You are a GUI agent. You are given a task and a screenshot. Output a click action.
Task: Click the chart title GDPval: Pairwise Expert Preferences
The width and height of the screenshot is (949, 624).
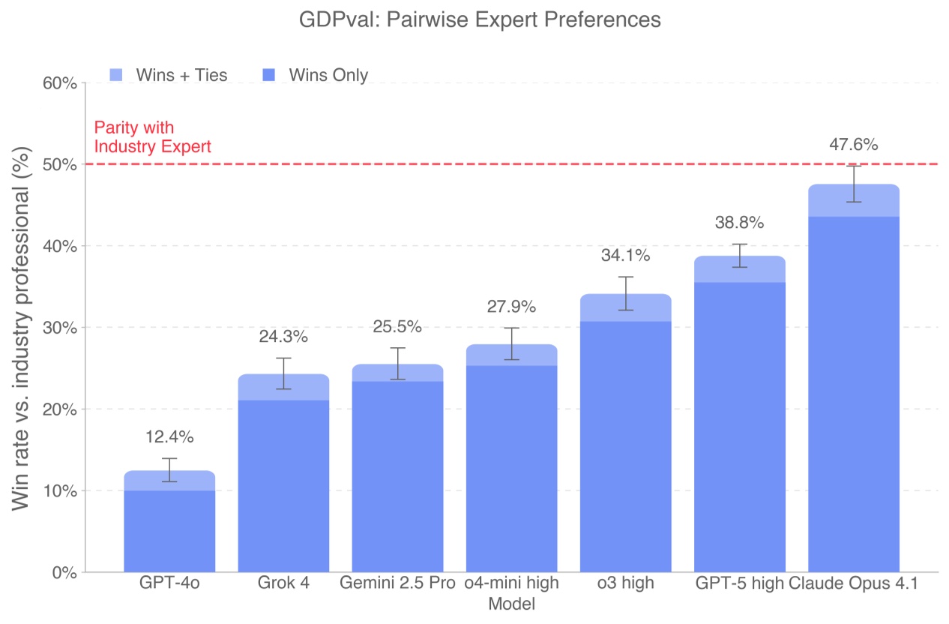[x=480, y=19]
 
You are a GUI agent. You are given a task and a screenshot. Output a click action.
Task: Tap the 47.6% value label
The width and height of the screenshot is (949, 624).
[x=853, y=145]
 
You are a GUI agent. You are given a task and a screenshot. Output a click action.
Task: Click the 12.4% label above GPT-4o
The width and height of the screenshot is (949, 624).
[x=169, y=436]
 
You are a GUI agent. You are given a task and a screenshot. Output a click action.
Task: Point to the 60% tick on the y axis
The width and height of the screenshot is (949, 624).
[x=59, y=82]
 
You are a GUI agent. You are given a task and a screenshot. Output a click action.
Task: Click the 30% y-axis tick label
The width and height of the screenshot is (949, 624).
[x=59, y=328]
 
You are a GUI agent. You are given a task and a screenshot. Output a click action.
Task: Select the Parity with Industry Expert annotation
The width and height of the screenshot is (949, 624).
[x=152, y=136]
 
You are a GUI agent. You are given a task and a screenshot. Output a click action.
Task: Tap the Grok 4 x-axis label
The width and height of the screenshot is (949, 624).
[x=283, y=583]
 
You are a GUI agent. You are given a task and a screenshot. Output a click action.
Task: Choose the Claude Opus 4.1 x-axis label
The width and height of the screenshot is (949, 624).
[x=853, y=583]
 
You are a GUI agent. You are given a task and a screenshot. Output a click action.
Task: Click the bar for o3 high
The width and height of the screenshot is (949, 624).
[x=625, y=450]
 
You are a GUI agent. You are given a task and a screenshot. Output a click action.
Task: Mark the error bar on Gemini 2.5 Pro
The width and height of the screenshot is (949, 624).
[x=397, y=364]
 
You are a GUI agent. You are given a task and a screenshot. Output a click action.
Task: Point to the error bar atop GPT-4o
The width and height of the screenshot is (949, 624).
[x=169, y=469]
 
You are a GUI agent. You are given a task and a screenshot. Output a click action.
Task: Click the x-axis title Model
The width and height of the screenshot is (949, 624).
[x=511, y=604]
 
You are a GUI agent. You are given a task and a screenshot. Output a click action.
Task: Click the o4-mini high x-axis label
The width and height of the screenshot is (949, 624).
[x=511, y=583]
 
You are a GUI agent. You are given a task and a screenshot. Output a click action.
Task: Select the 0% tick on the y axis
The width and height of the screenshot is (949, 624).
[x=63, y=572]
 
